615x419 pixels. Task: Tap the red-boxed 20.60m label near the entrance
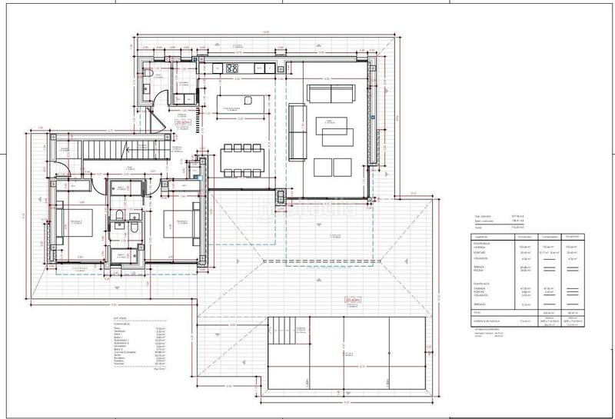(x=183, y=122)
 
